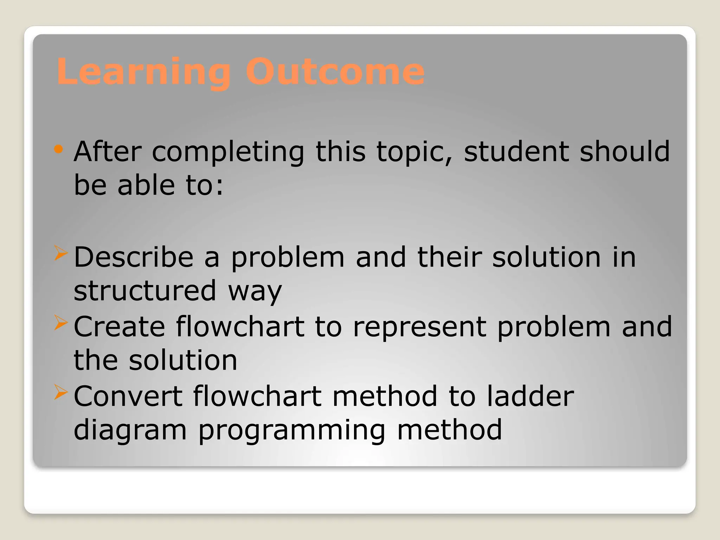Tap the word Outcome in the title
click(x=335, y=72)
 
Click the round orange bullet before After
click(x=59, y=149)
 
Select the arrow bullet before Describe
click(x=60, y=253)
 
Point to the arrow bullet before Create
click(x=60, y=323)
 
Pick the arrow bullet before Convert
click(x=60, y=392)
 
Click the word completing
click(x=228, y=152)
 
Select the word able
click(x=146, y=185)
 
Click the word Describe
click(x=134, y=257)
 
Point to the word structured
click(x=144, y=291)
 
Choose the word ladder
click(x=530, y=396)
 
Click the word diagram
click(x=130, y=431)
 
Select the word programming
click(x=292, y=431)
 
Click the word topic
click(x=414, y=152)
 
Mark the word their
click(x=449, y=257)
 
